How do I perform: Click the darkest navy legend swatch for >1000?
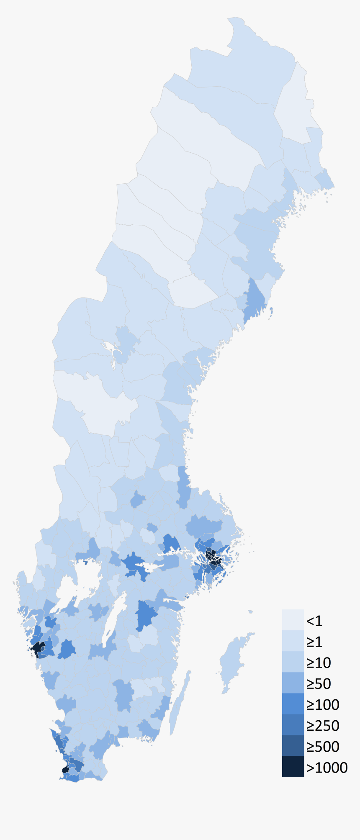293,767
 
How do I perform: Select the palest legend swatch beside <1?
293,620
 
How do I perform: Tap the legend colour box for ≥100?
293,704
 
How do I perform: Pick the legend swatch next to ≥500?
293,746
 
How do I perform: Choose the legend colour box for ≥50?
293,683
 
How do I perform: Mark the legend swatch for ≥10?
293,662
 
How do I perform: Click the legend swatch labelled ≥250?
293,725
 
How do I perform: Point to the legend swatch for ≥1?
293,641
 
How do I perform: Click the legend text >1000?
327,768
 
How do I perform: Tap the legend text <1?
314,621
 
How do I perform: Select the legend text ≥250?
323,726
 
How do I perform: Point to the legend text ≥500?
323,747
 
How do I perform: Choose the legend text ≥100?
323,705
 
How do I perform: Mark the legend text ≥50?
319,684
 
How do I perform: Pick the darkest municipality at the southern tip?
65,770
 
